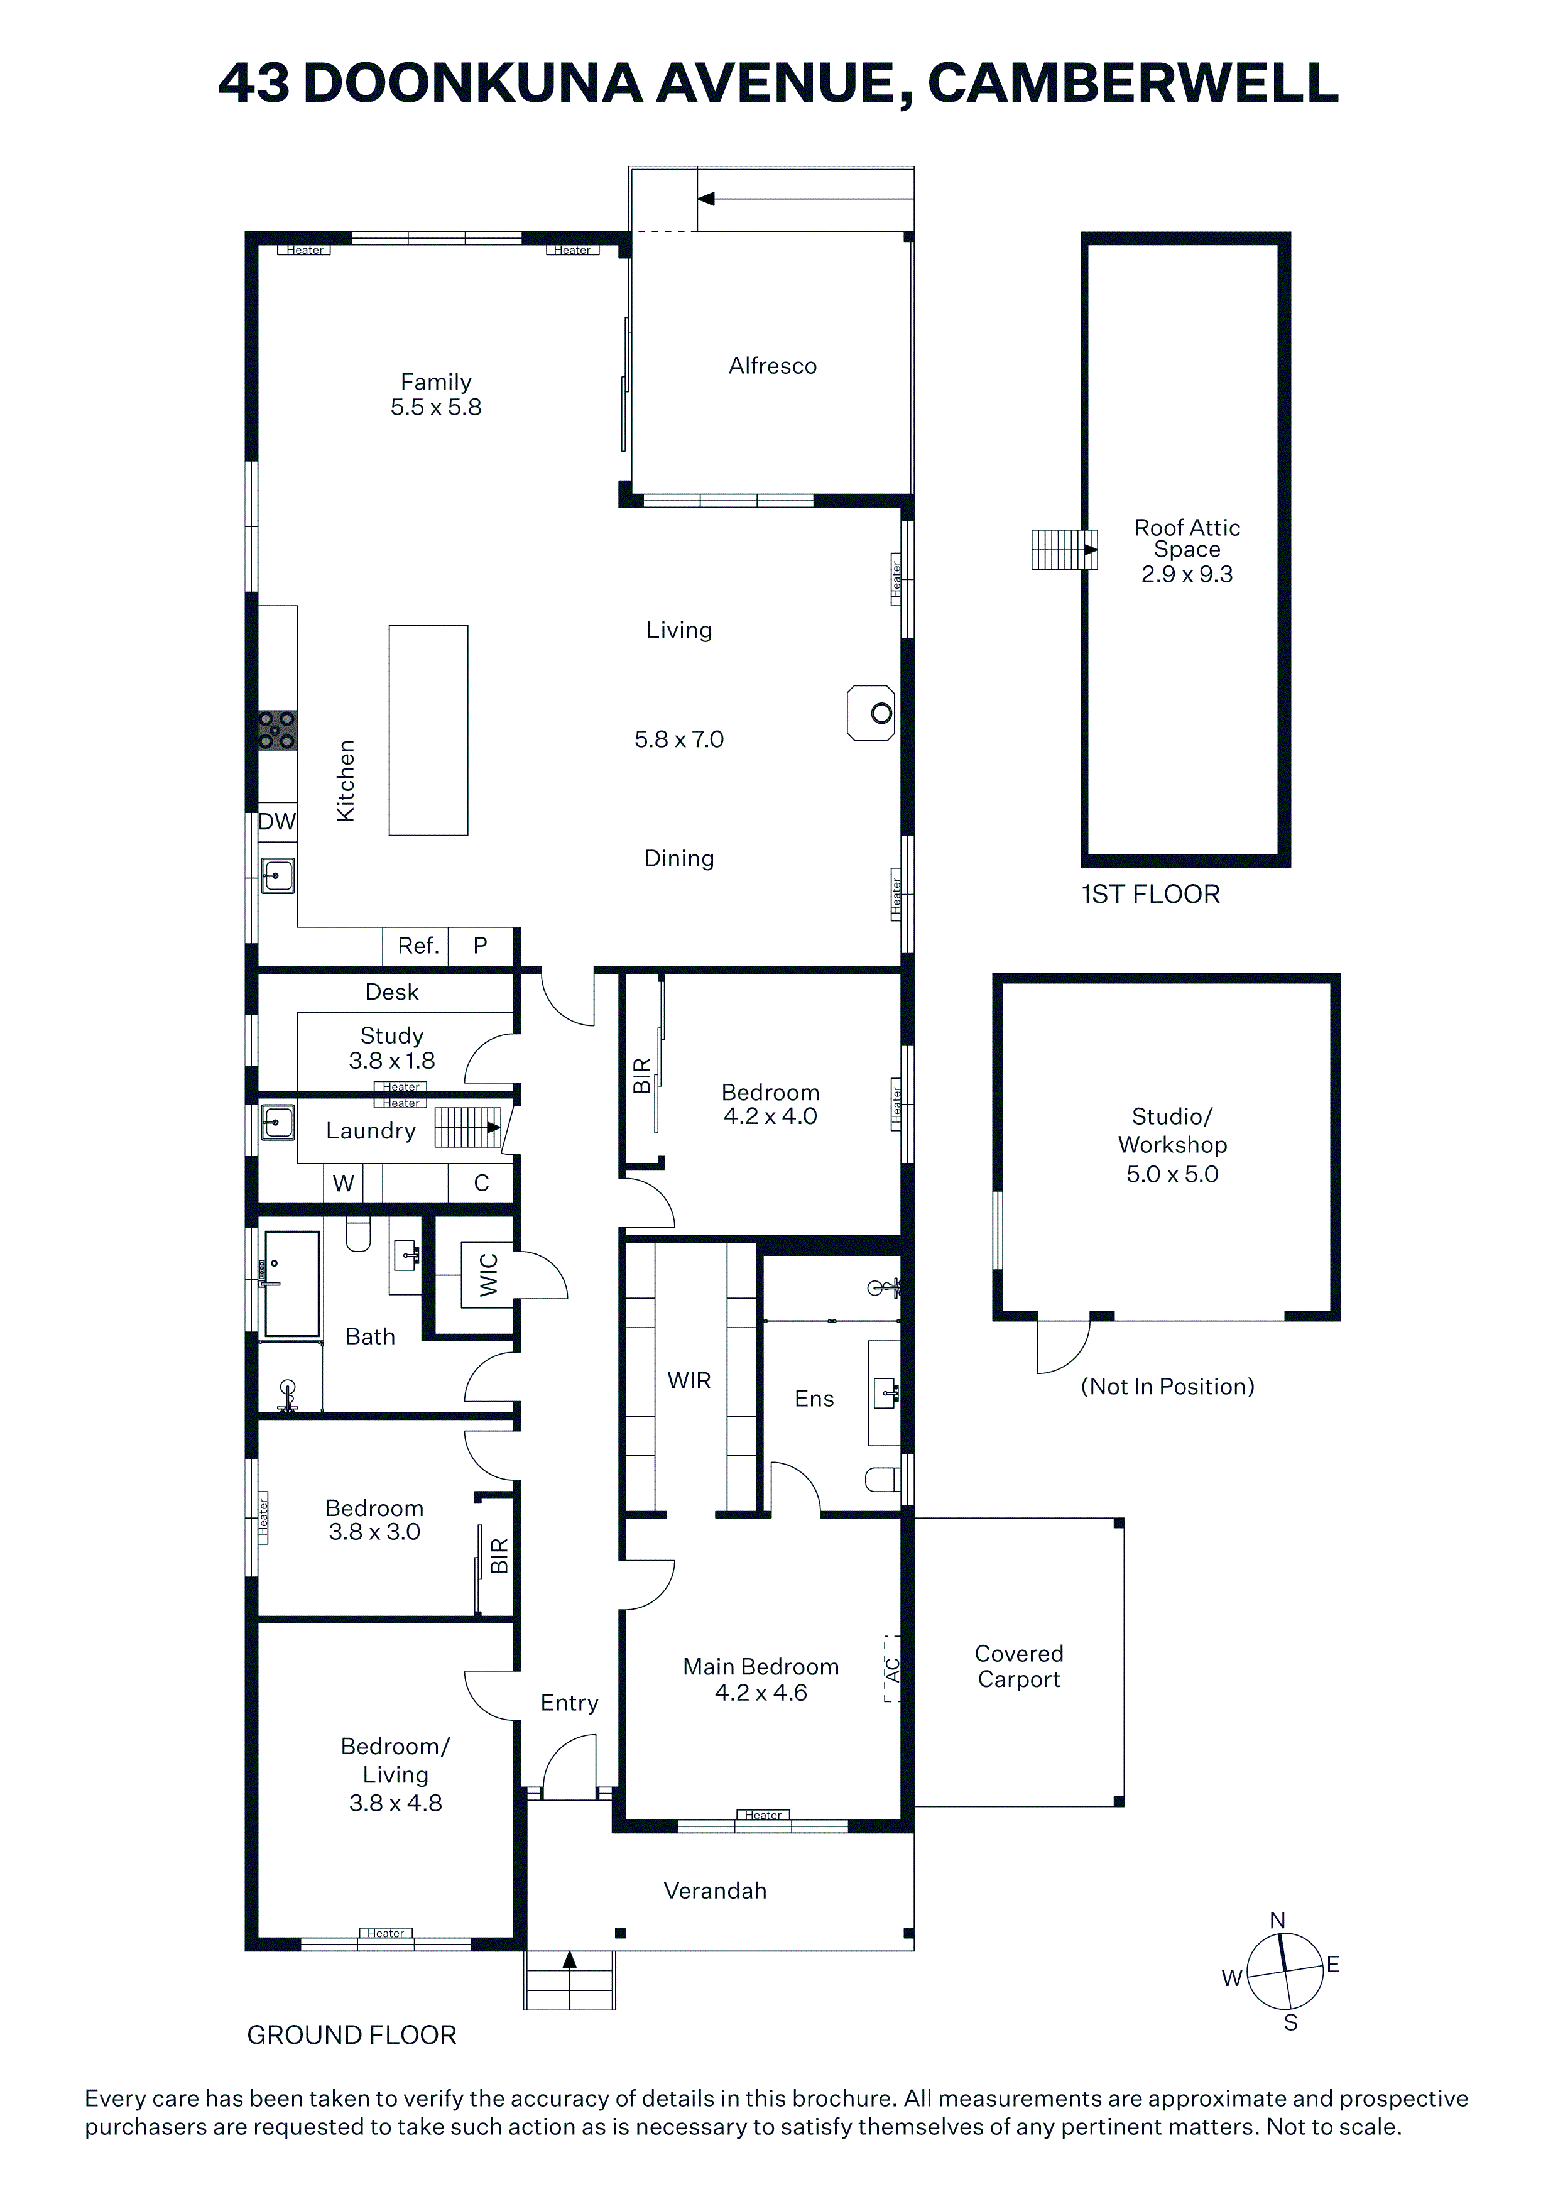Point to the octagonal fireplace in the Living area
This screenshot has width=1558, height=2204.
tap(871, 712)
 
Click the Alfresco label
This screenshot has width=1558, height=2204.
tap(773, 366)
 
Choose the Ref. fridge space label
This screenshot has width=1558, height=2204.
tap(418, 946)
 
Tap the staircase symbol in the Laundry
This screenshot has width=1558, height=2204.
tap(467, 1127)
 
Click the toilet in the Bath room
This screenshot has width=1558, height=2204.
tap(358, 1235)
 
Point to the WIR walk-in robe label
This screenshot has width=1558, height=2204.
tap(689, 1380)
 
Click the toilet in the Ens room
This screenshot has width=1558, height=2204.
tap(884, 1479)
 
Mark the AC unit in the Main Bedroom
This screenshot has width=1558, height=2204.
tap(892, 1669)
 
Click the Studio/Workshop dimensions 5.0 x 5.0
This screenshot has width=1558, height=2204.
tap(1172, 1174)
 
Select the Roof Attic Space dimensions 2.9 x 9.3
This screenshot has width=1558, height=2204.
tap(1187, 574)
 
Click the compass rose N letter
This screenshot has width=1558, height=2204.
tap(1278, 1920)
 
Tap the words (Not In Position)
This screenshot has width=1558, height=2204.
tap(1167, 1386)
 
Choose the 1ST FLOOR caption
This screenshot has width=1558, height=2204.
tap(1151, 895)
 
